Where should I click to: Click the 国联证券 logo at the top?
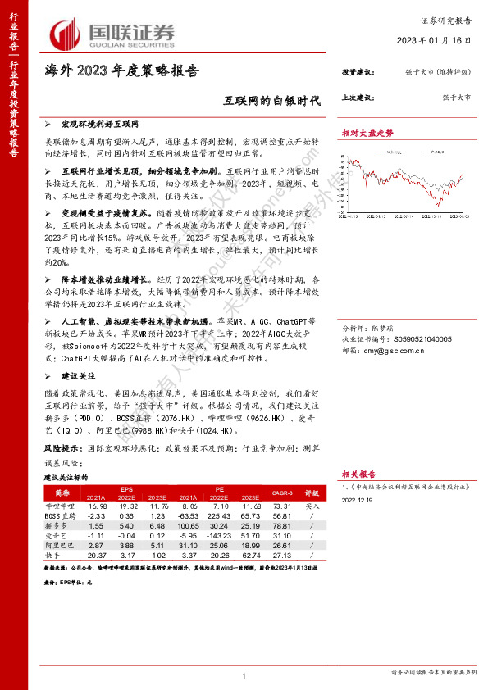(114, 34)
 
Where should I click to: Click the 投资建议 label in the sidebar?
(358, 73)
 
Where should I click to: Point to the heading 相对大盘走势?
(367, 133)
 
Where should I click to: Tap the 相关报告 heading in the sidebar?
(358, 474)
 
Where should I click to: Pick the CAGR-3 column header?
(280, 493)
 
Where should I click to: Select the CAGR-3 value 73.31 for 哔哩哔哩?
(280, 506)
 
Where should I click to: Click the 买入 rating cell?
(312, 506)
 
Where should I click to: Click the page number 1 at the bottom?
(244, 674)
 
